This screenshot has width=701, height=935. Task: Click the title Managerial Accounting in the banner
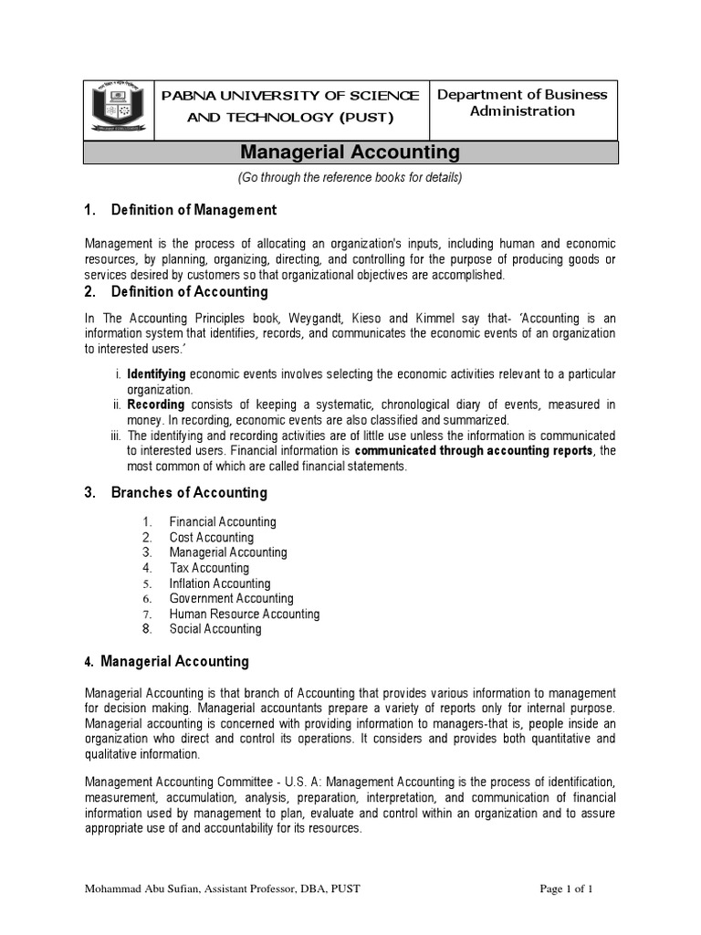pyautogui.click(x=350, y=152)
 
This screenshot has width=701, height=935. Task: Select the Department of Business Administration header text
pyautogui.click(x=522, y=103)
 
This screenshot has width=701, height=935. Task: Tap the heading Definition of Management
pyautogui.click(x=193, y=210)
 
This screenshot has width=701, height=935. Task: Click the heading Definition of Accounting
pyautogui.click(x=189, y=292)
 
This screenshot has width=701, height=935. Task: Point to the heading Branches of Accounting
pyautogui.click(x=188, y=492)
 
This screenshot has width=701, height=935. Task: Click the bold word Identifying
pyautogui.click(x=156, y=374)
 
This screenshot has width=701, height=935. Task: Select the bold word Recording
pyautogui.click(x=155, y=404)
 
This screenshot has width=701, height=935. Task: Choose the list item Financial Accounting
pyautogui.click(x=222, y=522)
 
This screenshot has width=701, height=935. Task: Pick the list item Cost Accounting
pyautogui.click(x=211, y=538)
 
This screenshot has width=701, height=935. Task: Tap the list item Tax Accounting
pyautogui.click(x=209, y=568)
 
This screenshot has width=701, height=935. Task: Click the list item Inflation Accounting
pyautogui.click(x=219, y=583)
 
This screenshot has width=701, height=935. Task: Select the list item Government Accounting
pyautogui.click(x=231, y=599)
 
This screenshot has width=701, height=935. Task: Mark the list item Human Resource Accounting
pyautogui.click(x=244, y=615)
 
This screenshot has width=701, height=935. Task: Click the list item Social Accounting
pyautogui.click(x=214, y=629)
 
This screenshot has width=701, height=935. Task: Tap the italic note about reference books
pyautogui.click(x=350, y=177)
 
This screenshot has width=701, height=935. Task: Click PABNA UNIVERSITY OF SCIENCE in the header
pyautogui.click(x=290, y=96)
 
